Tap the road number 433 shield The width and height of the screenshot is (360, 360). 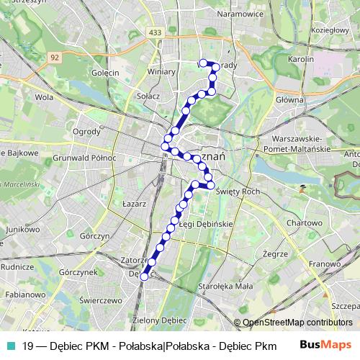tap(156, 32)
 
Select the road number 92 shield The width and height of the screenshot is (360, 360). tap(54, 56)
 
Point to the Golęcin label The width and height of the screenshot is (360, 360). tap(106, 73)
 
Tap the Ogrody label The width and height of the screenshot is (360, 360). tap(87, 132)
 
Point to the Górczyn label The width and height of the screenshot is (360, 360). tap(94, 235)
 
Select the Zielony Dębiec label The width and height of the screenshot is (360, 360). tap(155, 319)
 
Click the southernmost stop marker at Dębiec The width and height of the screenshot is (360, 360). tap(144, 276)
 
